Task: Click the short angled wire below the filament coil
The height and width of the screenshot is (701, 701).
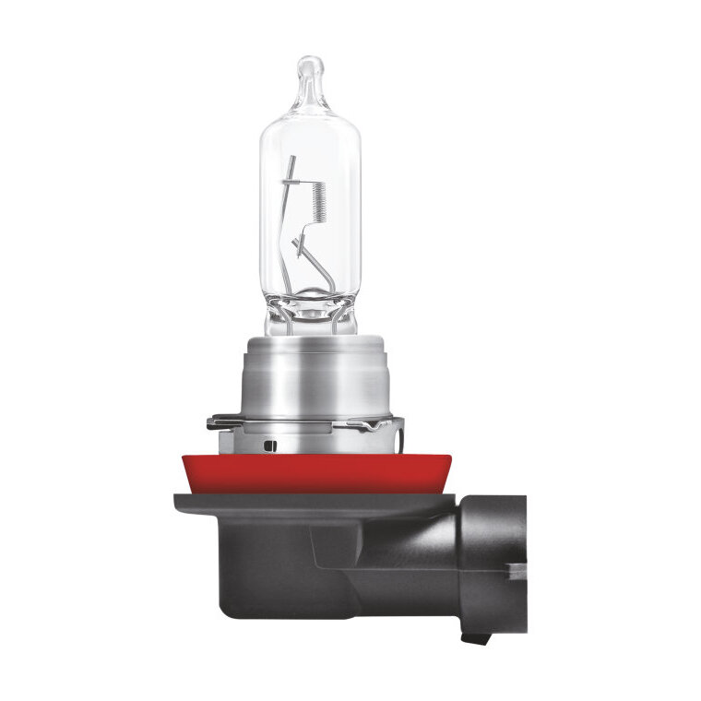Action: tap(300, 244)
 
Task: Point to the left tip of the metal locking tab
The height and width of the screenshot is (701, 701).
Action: tap(210, 422)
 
